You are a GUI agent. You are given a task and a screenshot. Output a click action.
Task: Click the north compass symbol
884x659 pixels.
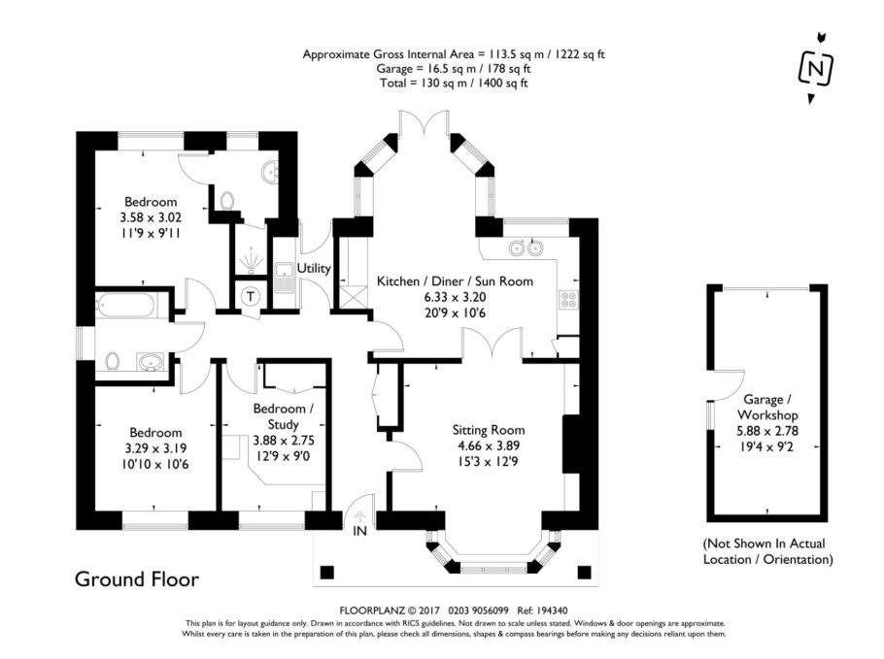tap(815, 68)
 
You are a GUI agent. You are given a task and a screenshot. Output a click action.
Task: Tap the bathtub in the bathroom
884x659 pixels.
tap(125, 306)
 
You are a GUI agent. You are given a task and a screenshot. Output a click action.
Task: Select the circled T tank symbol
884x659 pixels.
tap(250, 296)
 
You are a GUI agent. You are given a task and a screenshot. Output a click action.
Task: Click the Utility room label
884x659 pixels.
tap(314, 268)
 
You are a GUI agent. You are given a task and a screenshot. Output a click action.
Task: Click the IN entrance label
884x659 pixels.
tap(359, 531)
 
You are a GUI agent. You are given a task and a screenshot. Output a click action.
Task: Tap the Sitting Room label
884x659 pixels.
tap(489, 430)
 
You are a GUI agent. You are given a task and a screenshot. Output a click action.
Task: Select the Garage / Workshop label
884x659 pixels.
tap(767, 408)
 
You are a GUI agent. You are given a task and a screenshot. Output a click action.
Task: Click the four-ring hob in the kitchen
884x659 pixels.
tap(568, 299)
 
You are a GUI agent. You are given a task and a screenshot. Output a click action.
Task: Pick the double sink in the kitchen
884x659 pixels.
tap(526, 247)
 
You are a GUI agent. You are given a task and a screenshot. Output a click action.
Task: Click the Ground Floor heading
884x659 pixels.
tap(137, 579)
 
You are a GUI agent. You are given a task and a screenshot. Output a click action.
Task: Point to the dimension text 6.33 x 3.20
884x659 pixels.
tap(455, 297)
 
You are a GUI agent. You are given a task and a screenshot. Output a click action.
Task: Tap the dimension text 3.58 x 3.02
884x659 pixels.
tap(151, 217)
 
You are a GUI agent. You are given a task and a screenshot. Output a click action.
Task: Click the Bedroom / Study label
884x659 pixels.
tap(283, 416)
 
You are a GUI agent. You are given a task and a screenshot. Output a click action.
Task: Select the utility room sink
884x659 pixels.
tap(283, 278)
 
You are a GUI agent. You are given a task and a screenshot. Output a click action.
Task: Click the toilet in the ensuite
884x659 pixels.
tap(226, 200)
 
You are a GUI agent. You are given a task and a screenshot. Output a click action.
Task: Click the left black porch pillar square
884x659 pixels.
tap(327, 573)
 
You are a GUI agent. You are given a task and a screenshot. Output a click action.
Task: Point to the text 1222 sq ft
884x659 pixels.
tap(580, 54)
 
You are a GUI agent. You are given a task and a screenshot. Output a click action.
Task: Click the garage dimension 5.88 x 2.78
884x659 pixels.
tap(766, 432)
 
